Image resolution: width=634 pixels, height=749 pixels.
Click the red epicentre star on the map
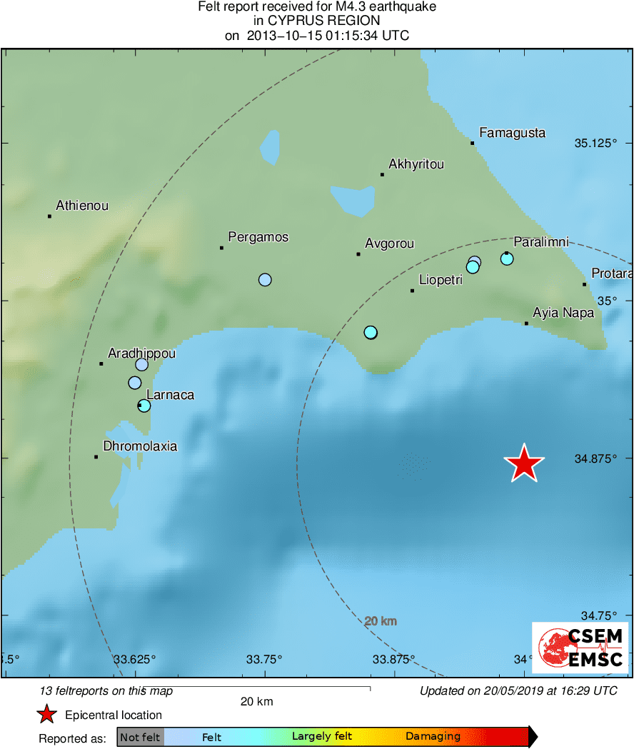(524, 464)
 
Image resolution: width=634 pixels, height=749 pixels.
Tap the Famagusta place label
(512, 133)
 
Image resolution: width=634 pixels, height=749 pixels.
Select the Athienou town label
(82, 206)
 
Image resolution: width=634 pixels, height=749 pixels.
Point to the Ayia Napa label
(563, 313)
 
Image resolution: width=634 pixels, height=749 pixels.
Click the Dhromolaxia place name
(140, 447)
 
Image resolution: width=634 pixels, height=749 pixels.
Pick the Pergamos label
(258, 237)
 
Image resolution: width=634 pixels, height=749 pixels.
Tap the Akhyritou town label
(416, 164)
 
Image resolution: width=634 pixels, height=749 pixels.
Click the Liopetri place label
(441, 280)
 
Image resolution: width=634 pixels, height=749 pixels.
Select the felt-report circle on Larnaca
(144, 406)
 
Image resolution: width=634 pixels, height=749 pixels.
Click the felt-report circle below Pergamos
(265, 280)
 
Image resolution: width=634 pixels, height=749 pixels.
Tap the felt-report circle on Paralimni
(507, 258)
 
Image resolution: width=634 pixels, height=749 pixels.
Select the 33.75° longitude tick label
(265, 658)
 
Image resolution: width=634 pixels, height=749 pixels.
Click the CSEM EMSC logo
(580, 648)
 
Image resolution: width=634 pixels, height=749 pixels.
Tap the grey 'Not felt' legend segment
(140, 737)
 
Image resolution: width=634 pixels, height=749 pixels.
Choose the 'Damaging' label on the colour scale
(433, 737)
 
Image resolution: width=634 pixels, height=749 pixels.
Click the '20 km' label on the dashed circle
(381, 621)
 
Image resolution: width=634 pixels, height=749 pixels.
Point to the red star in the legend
(46, 715)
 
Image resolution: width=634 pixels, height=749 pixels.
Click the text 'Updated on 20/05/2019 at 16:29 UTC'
(518, 690)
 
